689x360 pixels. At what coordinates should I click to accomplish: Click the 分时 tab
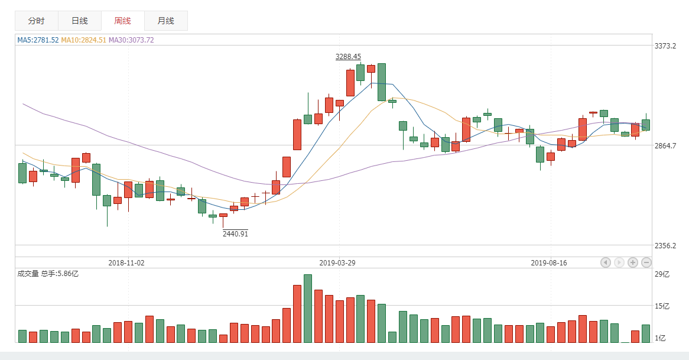pos(37,21)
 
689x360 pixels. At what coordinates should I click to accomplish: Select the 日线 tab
pos(80,21)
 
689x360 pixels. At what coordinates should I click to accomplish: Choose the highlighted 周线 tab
pos(122,21)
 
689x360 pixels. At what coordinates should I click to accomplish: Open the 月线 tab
pos(165,21)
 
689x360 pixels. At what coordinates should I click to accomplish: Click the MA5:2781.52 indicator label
pos(38,40)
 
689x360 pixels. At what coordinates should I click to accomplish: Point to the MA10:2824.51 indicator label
pos(84,40)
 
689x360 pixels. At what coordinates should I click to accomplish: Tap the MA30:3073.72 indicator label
pos(131,40)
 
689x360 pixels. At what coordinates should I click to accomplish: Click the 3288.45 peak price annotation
pos(348,57)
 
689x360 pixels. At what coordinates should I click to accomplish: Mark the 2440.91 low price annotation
pos(235,233)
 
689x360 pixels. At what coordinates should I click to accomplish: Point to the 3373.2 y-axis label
pos(665,46)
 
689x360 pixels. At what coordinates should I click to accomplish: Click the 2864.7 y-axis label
pos(665,145)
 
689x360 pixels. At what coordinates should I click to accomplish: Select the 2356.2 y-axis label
pos(665,245)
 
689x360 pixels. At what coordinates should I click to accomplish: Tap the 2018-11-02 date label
pos(126,262)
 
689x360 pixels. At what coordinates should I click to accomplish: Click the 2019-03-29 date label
pos(337,262)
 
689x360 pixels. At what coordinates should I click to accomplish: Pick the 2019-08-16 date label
pos(549,262)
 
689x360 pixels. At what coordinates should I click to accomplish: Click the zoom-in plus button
pos(632,262)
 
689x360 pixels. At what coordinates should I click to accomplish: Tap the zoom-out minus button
pos(646,262)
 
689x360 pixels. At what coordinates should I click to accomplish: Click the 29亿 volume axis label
pos(662,274)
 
